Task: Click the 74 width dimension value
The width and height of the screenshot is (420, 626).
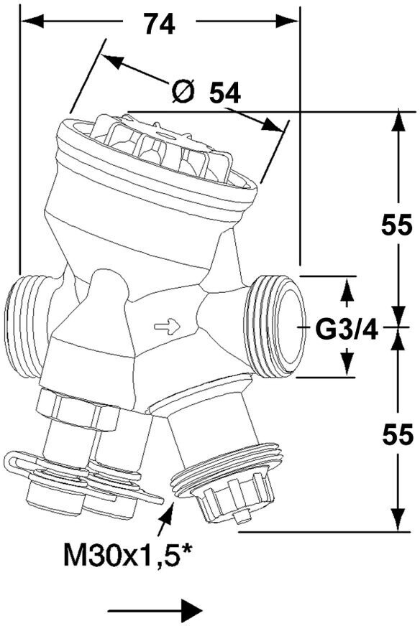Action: click(159, 24)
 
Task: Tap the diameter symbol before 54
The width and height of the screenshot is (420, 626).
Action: click(183, 92)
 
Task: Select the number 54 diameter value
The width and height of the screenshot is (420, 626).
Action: click(225, 93)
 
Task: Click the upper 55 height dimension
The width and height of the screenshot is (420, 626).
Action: click(396, 225)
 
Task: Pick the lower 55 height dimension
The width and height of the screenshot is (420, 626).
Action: click(397, 435)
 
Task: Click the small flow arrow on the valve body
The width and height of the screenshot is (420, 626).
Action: click(167, 326)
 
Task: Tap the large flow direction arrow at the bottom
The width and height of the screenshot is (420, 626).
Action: click(155, 610)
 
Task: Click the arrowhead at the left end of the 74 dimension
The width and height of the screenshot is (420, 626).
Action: click(32, 20)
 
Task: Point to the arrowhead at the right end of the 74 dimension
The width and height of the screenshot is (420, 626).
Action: click(287, 20)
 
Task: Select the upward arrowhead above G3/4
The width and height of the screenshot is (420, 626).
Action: click(347, 290)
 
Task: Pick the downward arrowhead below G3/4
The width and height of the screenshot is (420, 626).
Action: click(347, 363)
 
